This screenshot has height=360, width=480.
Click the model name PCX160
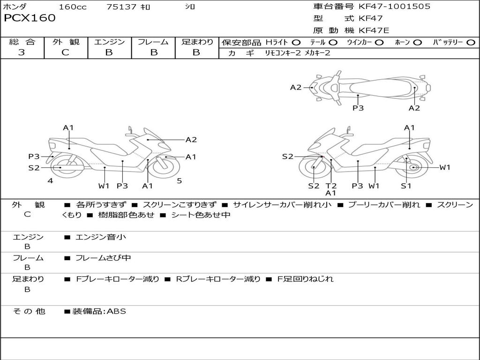tap(30, 18)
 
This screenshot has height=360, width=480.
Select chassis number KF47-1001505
tap(394, 7)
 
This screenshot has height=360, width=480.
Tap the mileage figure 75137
tap(121, 7)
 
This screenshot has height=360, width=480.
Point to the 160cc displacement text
tap(73, 7)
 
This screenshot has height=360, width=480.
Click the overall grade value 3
tap(22, 52)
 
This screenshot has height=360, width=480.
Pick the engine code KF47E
tap(375, 31)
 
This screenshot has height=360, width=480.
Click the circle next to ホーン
tap(418, 43)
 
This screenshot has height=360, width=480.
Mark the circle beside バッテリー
tap(471, 43)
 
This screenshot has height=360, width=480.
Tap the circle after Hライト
tap(296, 43)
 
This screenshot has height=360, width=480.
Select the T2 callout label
tap(331, 186)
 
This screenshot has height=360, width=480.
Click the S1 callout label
tap(406, 186)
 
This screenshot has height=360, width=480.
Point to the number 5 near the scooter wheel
tap(179, 180)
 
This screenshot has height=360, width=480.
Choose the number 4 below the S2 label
tap(50, 180)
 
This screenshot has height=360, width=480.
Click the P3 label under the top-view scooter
tap(358, 108)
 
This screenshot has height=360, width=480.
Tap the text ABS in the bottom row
tap(117, 311)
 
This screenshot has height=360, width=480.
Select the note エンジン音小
tap(101, 237)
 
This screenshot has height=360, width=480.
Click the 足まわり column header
tap(197, 42)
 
